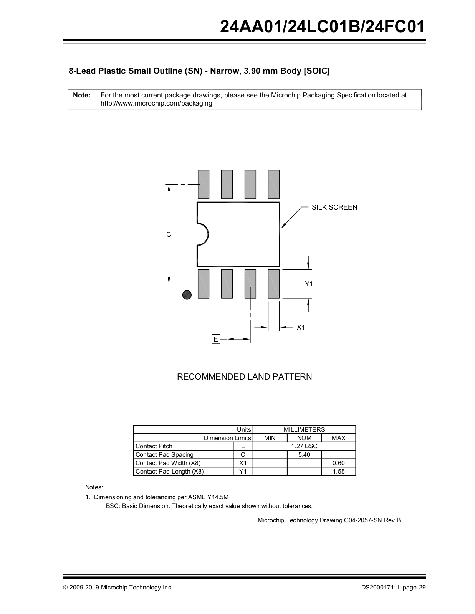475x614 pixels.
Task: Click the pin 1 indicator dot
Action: coord(187,295)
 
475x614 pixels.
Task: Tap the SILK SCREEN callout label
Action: coord(334,207)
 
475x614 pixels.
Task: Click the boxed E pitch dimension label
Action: coord(216,339)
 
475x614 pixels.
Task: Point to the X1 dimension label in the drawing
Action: coord(301,327)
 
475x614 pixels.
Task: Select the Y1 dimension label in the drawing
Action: coord(309,284)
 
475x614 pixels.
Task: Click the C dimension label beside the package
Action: coord(169,234)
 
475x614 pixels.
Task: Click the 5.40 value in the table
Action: coord(304,455)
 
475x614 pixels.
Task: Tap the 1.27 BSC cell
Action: coord(304,446)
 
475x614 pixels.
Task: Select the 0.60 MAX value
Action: coord(338,463)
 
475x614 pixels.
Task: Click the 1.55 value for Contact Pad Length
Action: coord(338,472)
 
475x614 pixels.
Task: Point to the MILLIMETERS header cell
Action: coord(304,429)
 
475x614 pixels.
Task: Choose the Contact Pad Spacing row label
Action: coord(164,455)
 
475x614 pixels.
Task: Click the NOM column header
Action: coord(304,438)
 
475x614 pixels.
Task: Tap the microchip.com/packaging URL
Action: coord(156,103)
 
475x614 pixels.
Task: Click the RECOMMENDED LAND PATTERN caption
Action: coord(244,377)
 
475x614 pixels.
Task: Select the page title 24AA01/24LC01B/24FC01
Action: coord(323,27)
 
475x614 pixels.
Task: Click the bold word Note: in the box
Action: coord(82,95)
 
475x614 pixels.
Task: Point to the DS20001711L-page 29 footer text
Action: coord(393,587)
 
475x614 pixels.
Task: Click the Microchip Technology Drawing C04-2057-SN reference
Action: coord(329,520)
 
